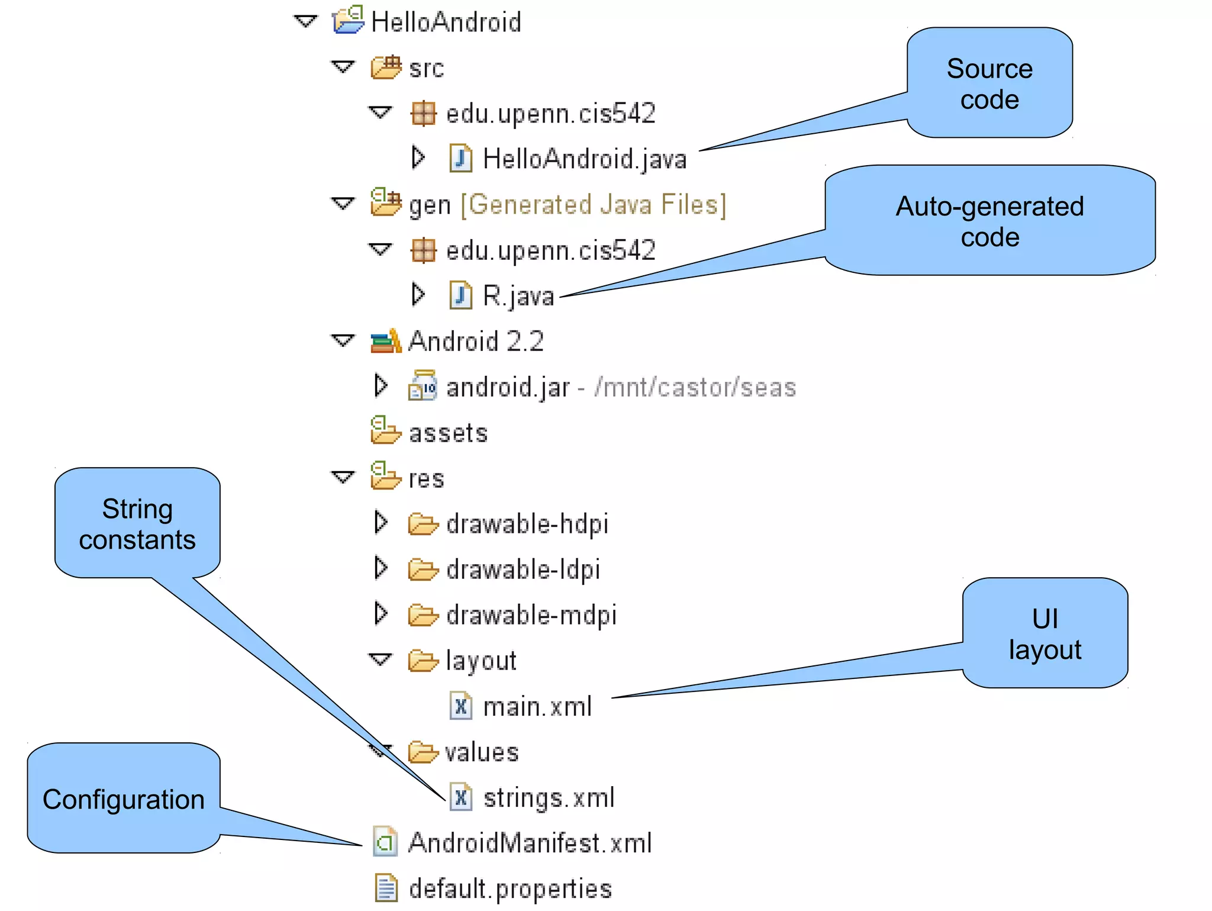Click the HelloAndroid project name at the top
446,22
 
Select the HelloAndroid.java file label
584,159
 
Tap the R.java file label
518,295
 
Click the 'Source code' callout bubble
989,83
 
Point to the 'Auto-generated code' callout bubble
989,221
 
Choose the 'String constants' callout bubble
137,523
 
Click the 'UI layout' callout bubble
1045,633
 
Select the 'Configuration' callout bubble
123,799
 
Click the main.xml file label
537,707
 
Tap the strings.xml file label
549,798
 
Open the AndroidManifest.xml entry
530,843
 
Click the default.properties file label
510,889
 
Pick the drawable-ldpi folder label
523,569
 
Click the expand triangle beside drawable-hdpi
381,523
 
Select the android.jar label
508,388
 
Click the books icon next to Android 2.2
385,342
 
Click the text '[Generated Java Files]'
593,205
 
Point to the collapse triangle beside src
343,67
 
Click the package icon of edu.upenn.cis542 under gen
423,250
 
